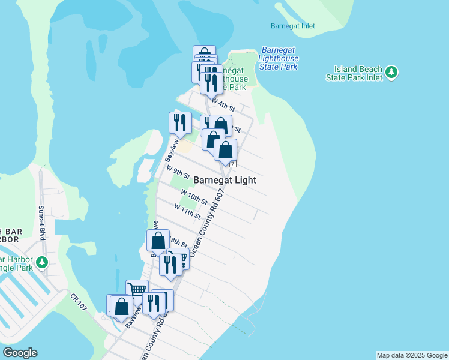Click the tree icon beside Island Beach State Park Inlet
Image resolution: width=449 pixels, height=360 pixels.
pos(392,73)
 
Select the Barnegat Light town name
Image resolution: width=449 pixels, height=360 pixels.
pos(224,180)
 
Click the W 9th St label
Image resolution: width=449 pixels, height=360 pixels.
pos(178,173)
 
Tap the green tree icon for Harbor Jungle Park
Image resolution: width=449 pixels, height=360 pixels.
pos(41,262)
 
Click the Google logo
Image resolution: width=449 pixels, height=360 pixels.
pos(20,353)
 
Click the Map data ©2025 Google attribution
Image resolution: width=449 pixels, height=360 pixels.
pos(412,355)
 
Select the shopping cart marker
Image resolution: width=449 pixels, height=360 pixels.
pos(137,290)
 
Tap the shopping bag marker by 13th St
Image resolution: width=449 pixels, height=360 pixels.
pos(158,241)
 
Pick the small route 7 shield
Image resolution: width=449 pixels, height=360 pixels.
pos(233,164)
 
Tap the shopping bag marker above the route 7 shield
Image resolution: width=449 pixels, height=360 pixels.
pos(226,149)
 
